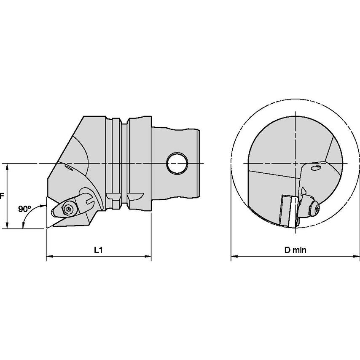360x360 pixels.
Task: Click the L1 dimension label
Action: pyautogui.click(x=98, y=250)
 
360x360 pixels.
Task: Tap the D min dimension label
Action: pyautogui.click(x=295, y=250)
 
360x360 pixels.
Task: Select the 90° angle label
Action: pyautogui.click(x=24, y=209)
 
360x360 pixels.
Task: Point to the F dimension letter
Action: pyautogui.click(x=2, y=196)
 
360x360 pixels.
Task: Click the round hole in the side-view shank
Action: pyautogui.click(x=177, y=164)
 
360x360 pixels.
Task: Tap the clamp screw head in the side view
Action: pyautogui.click(x=68, y=209)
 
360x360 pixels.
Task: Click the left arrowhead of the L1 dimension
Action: pyautogui.click(x=49, y=256)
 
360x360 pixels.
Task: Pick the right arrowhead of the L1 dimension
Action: pyautogui.click(x=148, y=256)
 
